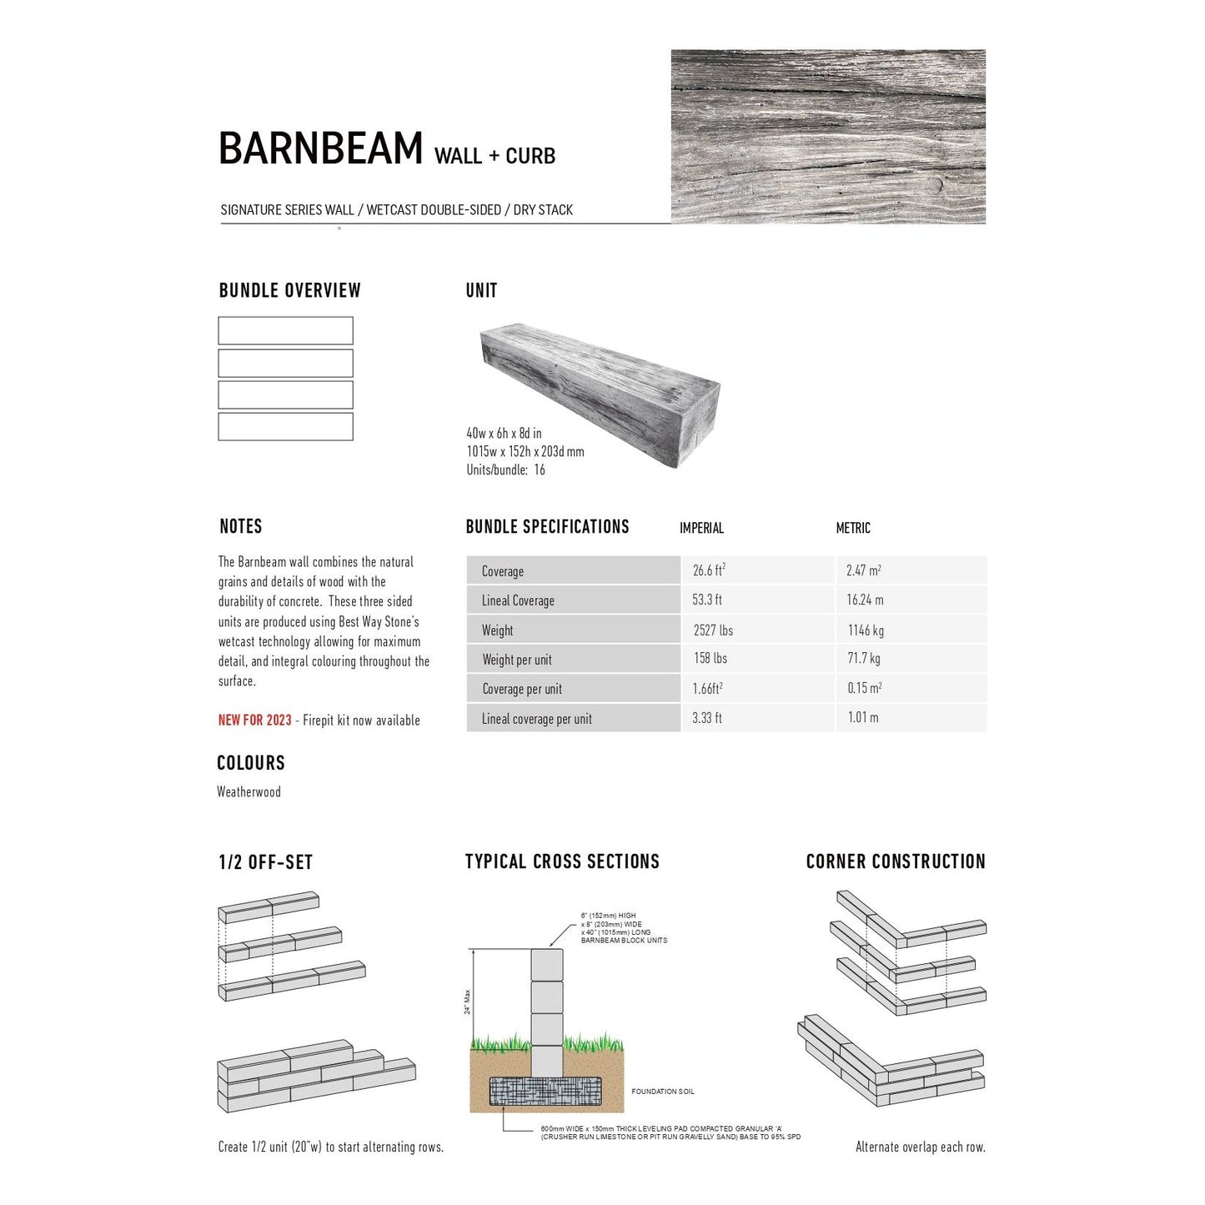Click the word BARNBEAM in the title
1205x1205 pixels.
pyautogui.click(x=321, y=149)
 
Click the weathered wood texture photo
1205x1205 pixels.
pyautogui.click(x=828, y=136)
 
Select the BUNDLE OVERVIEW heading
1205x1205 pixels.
pyautogui.click(x=289, y=291)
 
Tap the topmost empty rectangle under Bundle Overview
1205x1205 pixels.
pyautogui.click(x=285, y=330)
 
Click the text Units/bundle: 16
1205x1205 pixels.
pyautogui.click(x=505, y=470)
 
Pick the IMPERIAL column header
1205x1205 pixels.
pyautogui.click(x=701, y=528)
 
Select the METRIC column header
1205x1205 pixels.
pyautogui.click(x=852, y=528)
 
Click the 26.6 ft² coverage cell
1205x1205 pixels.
pyautogui.click(x=709, y=570)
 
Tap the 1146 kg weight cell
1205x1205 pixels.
pyautogui.click(x=866, y=630)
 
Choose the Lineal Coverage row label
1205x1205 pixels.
pyautogui.click(x=518, y=600)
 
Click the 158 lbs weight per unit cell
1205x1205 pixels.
pyautogui.click(x=710, y=659)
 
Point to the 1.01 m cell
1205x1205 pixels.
pyautogui.click(x=862, y=717)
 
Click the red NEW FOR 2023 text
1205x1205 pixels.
pyautogui.click(x=255, y=720)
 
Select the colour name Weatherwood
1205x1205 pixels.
pyautogui.click(x=249, y=792)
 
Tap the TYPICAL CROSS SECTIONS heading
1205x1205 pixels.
pyautogui.click(x=562, y=862)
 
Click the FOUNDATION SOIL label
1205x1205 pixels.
pyautogui.click(x=663, y=1092)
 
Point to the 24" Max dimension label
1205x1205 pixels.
pyautogui.click(x=468, y=1002)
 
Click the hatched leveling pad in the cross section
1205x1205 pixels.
pyautogui.click(x=546, y=1092)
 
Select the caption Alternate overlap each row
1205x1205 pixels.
pyautogui.click(x=920, y=1147)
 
